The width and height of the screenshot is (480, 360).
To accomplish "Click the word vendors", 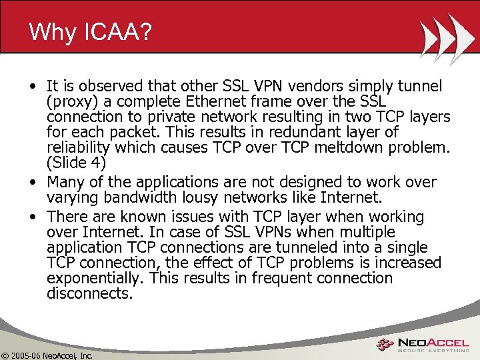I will pos(344,86).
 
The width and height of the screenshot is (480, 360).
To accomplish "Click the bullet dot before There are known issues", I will pos(33,217).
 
